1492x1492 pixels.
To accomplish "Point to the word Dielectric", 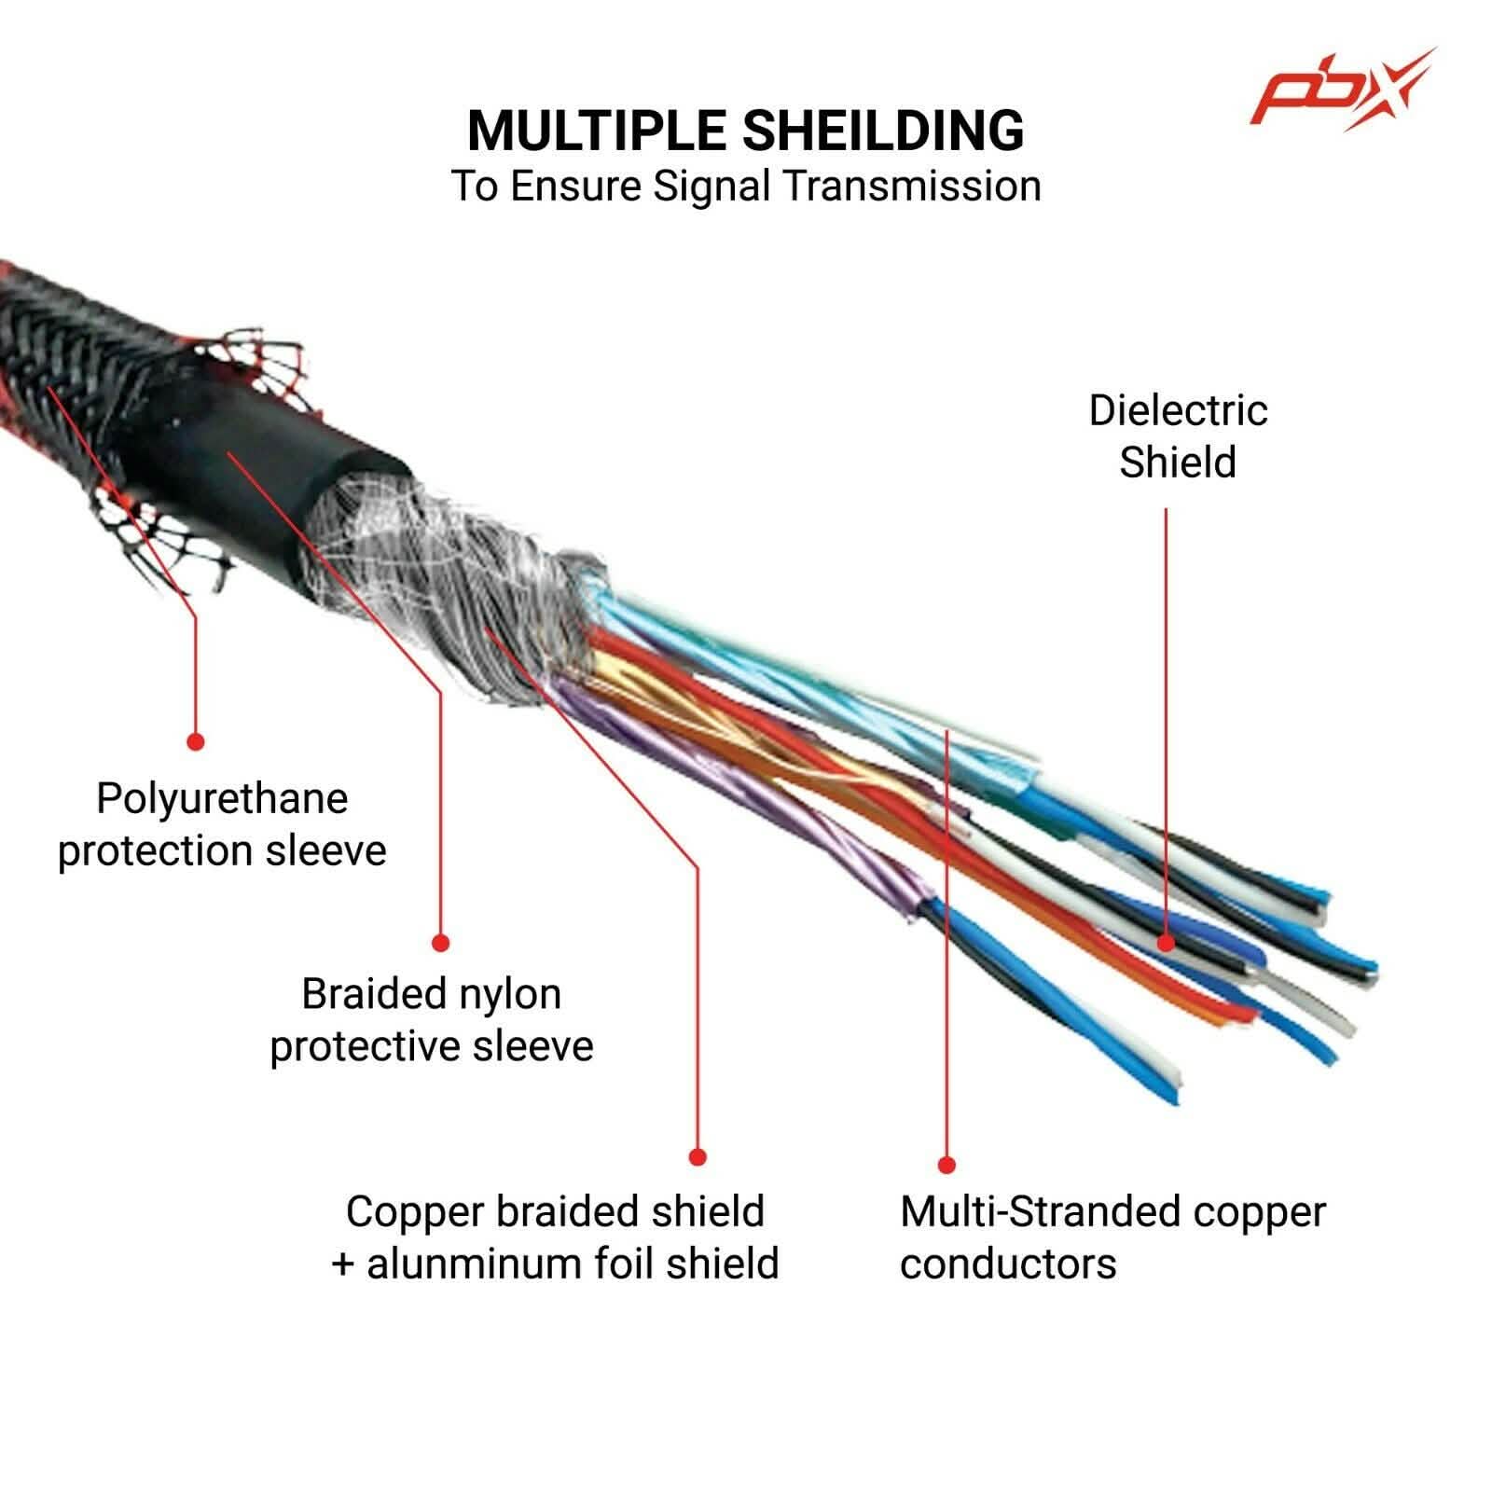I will (1178, 411).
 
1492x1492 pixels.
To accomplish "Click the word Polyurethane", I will (222, 800).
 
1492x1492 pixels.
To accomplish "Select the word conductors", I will (1008, 1264).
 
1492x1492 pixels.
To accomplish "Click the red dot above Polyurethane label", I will (195, 741).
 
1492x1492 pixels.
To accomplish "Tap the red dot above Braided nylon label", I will (441, 943).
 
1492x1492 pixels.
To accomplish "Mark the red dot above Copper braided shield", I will (698, 1157).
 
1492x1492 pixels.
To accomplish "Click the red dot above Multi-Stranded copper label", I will (946, 1165).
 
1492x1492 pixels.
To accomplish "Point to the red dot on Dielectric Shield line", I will (1166, 942).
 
